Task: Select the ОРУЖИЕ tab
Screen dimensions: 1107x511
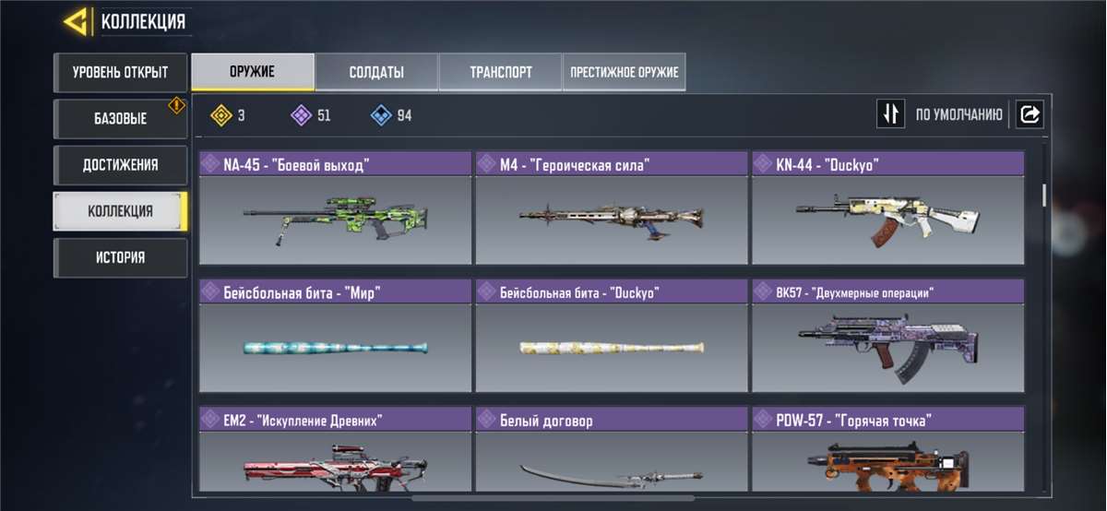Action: (252, 72)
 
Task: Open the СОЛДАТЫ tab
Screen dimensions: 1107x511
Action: (376, 72)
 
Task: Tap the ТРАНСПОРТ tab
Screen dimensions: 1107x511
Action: (500, 72)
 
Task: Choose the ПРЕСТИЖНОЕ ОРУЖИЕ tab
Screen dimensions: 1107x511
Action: (624, 72)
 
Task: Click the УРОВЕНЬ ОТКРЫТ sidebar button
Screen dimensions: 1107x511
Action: (120, 72)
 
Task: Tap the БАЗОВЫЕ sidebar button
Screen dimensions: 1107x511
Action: (120, 119)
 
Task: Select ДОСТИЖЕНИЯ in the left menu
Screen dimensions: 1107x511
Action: (120, 165)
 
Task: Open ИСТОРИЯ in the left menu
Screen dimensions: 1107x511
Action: (120, 257)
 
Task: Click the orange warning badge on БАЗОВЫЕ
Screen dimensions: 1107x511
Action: (176, 106)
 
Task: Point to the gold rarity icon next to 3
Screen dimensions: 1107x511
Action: (220, 115)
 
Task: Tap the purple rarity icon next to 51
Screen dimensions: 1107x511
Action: (300, 115)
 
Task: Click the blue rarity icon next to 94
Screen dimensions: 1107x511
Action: (380, 115)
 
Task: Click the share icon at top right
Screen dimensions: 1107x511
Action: (1030, 114)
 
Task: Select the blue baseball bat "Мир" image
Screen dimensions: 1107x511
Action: (335, 348)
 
